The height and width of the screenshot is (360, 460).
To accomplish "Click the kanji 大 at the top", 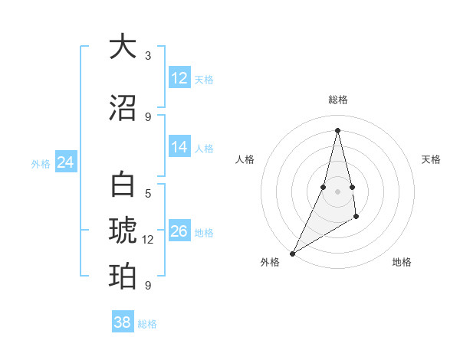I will point(123,47).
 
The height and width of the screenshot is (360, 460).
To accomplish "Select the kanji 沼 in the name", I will point(123,107).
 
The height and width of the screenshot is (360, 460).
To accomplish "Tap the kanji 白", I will point(123,186).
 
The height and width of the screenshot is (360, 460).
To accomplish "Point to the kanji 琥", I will point(123,231).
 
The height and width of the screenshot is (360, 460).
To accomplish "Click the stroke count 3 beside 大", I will point(148,56).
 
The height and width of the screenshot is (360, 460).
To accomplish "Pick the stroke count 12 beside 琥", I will point(148,240).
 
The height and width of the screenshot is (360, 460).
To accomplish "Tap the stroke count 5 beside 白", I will point(148,194).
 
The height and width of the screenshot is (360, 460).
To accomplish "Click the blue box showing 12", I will point(179,78).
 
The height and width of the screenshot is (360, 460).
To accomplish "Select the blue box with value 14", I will point(179,147).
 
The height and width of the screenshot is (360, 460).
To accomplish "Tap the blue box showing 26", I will point(179,231).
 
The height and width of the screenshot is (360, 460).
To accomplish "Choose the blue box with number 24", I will point(66,162).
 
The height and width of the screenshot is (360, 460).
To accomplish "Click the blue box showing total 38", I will point(123,322).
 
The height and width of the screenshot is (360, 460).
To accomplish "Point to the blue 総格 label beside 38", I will point(147,324).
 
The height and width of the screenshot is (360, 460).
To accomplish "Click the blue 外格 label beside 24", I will point(41,163).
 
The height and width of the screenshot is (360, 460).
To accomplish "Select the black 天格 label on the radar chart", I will point(432,159).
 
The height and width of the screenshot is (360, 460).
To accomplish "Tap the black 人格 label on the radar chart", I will point(245,159).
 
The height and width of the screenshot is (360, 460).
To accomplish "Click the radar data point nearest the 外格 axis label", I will point(292,253).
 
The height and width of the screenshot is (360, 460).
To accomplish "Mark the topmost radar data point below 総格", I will point(337,130).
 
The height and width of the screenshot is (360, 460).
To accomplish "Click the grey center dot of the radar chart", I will point(337,191).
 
